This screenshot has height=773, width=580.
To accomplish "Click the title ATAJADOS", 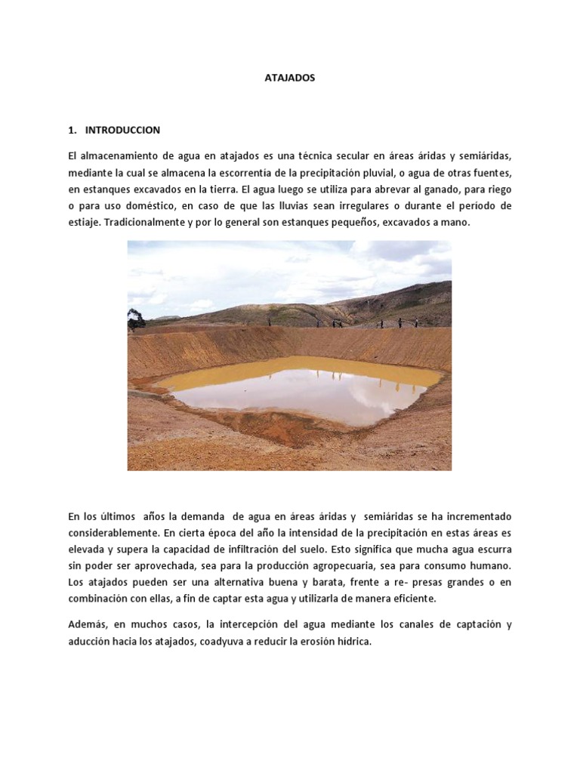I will [x=290, y=78].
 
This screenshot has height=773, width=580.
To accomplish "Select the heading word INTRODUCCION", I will [x=122, y=130].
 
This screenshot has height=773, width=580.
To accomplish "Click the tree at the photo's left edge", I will [x=135, y=319].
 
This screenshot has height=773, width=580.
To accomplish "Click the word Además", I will [x=87, y=624].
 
